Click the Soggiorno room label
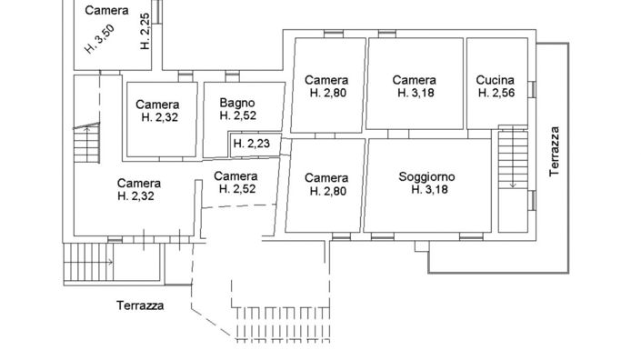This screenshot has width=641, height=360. (426, 176)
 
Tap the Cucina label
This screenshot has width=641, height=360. (496, 80)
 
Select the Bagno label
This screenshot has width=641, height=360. (236, 103)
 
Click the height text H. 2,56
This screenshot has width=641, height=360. (496, 93)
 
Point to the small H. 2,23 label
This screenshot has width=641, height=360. (249, 144)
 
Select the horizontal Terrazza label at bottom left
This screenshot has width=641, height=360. (140, 305)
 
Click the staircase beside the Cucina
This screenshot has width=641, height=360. (512, 164)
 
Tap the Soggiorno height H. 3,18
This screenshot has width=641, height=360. (426, 190)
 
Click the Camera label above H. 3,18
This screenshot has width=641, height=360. (414, 80)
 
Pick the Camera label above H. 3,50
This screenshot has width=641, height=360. (106, 11)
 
